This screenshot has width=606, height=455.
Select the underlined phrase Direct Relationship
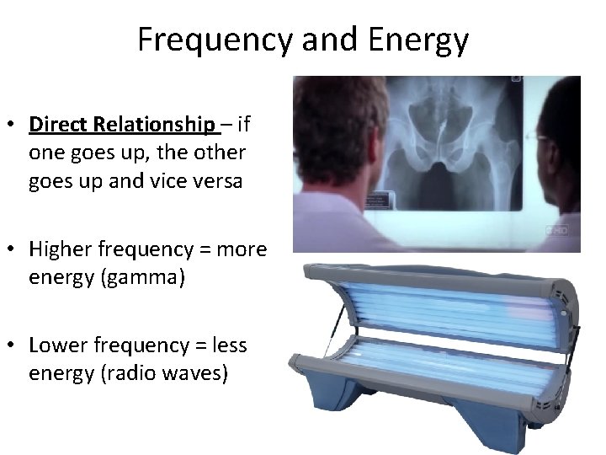122,126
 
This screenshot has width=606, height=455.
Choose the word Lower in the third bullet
56,345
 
